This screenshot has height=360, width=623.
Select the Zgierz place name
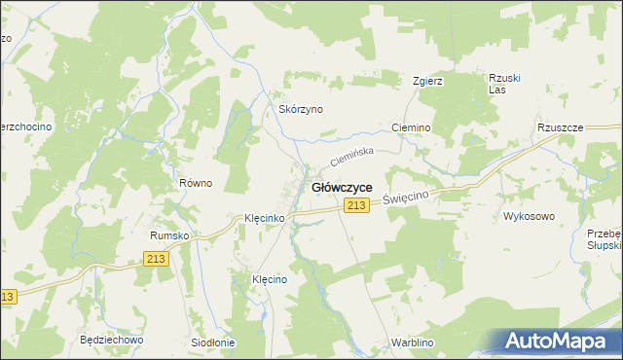(428, 81)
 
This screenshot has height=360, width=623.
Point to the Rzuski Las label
(499, 84)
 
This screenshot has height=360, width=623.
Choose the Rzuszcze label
(560, 127)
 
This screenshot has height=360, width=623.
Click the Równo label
(195, 183)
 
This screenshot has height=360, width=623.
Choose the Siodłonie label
(213, 342)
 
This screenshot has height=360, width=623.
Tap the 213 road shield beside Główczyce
(356, 205)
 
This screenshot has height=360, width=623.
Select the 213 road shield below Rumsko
(155, 258)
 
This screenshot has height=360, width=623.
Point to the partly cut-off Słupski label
(605, 246)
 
